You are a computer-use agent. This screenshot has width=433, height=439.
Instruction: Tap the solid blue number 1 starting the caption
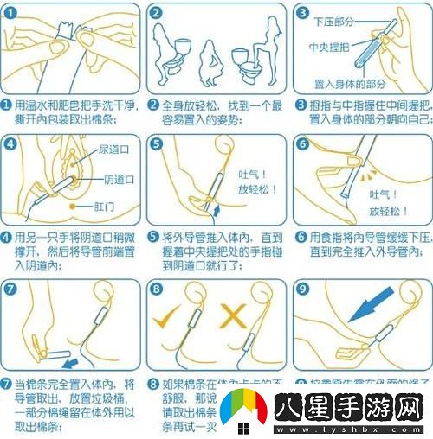click(6, 104)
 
